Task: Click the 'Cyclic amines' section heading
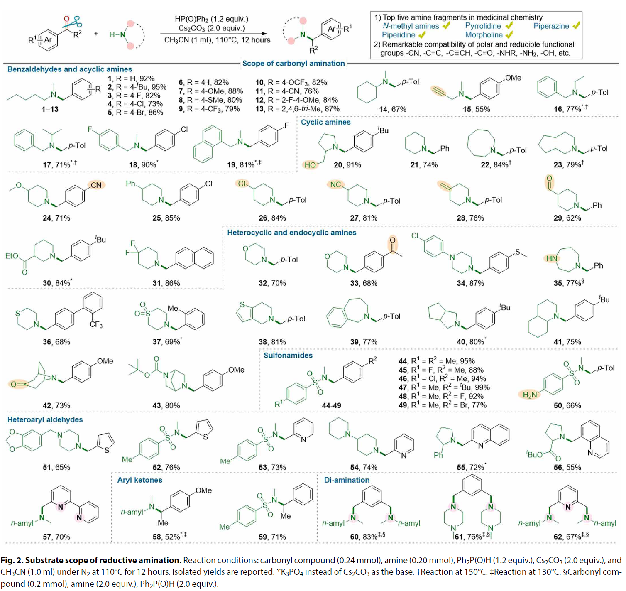[325, 122]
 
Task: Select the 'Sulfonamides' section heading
[288, 356]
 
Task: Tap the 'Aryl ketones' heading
[139, 480]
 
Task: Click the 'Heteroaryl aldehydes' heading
[45, 419]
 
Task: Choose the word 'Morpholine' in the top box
[484, 35]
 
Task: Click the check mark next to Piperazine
[576, 26]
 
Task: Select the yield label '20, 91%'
[347, 165]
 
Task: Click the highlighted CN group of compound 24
[96, 185]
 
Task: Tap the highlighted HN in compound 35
[552, 258]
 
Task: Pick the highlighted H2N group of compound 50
[530, 395]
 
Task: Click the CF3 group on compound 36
[96, 324]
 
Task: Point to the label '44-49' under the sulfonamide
[331, 405]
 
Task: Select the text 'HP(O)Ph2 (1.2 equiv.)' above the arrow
[211, 19]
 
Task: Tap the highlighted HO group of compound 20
[310, 165]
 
